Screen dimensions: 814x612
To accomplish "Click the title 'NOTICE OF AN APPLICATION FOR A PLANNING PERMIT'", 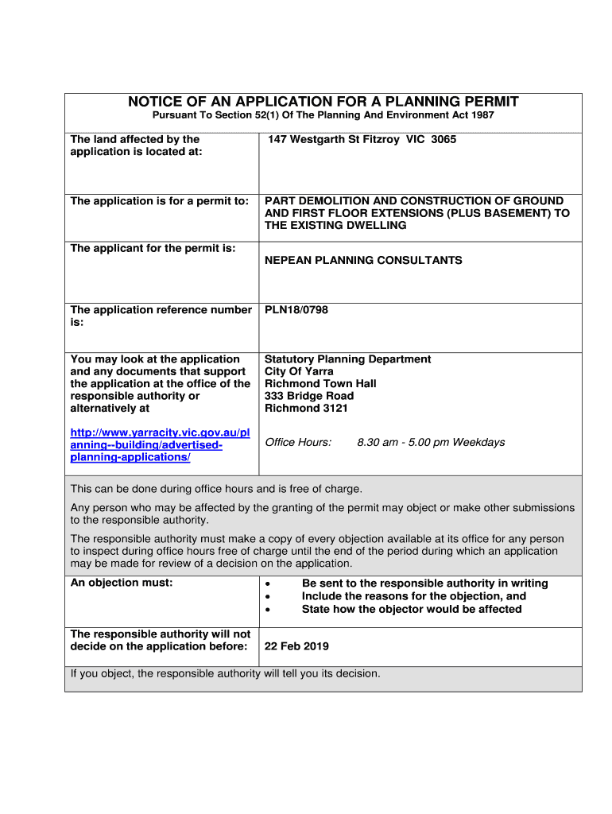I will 323,102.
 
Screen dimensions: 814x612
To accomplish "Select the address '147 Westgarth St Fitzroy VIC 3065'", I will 362,139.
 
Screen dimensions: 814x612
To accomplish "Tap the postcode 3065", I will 444,139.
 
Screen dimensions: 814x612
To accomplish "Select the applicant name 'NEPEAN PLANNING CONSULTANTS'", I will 363,261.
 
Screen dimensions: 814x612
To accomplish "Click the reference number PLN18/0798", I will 296,310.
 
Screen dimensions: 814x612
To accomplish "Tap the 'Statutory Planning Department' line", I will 347,359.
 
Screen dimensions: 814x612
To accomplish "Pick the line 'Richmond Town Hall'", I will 320,384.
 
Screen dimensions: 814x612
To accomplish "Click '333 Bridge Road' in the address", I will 309,396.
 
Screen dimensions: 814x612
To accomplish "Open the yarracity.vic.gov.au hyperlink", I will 160,445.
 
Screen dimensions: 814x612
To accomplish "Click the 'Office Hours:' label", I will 298,443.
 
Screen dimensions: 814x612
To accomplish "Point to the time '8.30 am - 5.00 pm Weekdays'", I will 431,443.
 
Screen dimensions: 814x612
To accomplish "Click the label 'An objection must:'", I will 122,583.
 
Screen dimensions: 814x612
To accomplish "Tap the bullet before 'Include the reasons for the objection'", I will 269,597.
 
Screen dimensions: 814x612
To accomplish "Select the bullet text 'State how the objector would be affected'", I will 412,610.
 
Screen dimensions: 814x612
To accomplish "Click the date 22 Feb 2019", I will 296,646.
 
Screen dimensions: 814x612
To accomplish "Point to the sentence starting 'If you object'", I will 226,674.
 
